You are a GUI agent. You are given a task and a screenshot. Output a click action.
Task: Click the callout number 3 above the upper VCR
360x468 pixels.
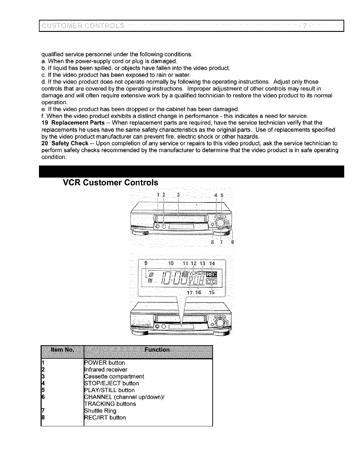tap(178, 195)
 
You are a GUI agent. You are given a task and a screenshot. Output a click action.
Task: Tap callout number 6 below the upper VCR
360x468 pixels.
tap(232, 242)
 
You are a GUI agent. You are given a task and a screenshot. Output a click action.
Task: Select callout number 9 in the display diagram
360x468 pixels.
tap(146, 263)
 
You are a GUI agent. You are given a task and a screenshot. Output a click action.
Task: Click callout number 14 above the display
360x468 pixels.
tap(212, 263)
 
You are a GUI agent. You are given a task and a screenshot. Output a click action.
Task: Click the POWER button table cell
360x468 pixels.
tap(105, 363)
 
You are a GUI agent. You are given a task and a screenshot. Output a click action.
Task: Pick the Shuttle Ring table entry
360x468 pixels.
tap(100, 411)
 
